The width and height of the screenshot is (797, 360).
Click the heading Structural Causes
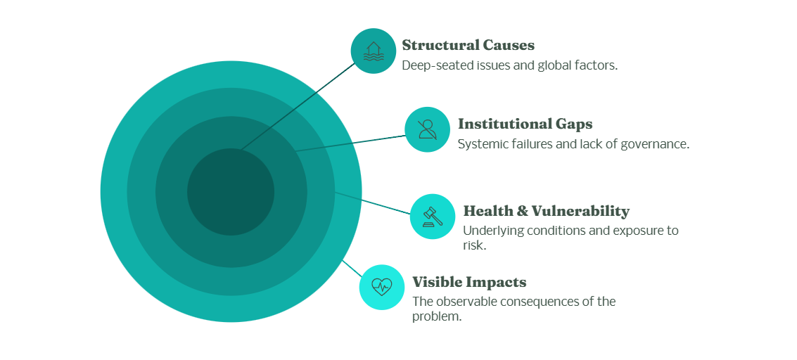(468, 46)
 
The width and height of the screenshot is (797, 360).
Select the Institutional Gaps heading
(525, 124)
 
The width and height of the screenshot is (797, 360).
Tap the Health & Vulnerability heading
(546, 211)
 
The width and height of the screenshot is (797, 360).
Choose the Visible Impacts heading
(469, 283)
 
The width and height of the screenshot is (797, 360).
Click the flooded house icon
(374, 51)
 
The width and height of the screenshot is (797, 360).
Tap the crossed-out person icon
(427, 129)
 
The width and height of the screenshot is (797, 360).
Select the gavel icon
(433, 216)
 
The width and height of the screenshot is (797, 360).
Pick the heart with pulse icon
(382, 287)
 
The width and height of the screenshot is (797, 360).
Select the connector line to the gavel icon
(373, 202)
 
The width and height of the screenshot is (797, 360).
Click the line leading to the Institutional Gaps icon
(352, 142)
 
